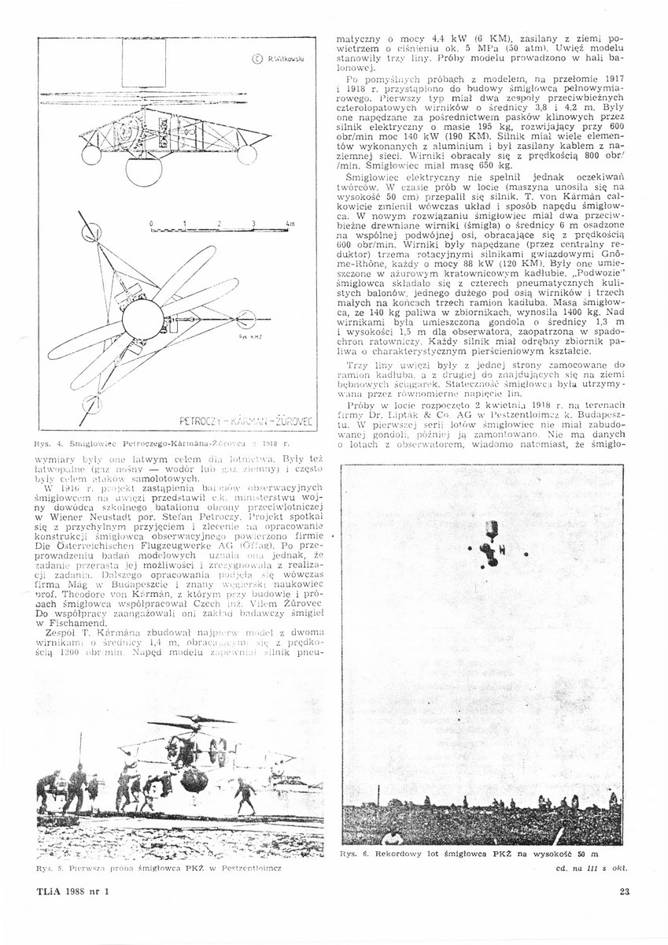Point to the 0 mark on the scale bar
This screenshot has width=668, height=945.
[x=151, y=224]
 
